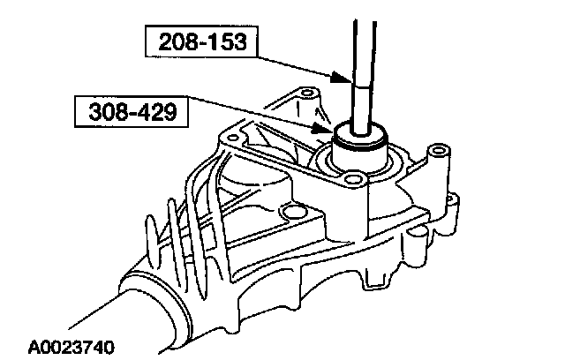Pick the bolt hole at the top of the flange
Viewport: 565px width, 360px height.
pos(308,92)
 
